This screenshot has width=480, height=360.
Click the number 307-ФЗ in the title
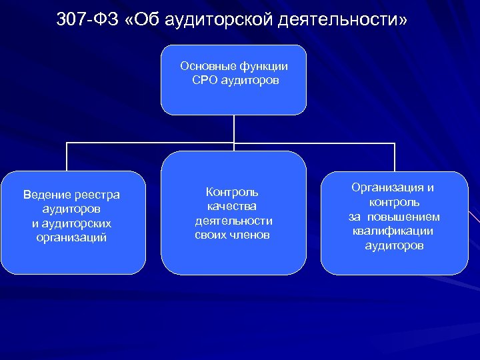(x=87, y=20)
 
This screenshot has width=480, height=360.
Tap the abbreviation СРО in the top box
(x=205, y=81)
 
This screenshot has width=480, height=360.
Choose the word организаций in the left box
(x=72, y=237)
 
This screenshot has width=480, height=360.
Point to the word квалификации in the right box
(x=393, y=231)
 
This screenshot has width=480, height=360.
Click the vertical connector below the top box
(x=233, y=129)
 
